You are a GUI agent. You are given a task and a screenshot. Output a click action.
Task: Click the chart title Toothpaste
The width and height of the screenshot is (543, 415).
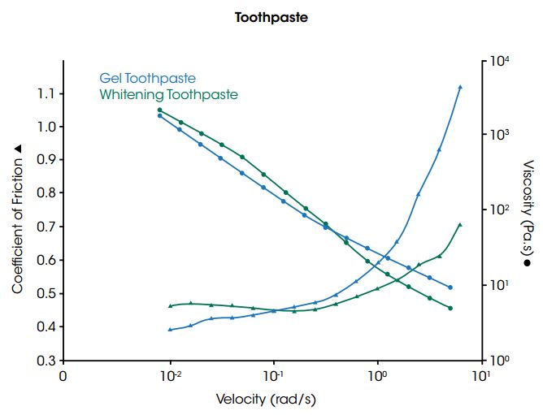[272, 17]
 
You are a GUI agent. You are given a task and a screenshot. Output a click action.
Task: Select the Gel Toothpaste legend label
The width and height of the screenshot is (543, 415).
[147, 79]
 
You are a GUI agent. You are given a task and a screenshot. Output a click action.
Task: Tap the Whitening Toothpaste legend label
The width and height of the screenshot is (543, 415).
[168, 95]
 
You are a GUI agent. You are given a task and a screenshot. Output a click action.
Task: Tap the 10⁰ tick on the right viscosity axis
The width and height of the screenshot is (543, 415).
[498, 358]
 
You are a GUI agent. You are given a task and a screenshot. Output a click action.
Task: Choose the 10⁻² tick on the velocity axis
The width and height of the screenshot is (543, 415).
[170, 376]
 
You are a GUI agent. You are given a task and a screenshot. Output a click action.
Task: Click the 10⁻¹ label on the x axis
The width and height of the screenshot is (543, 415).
[274, 376]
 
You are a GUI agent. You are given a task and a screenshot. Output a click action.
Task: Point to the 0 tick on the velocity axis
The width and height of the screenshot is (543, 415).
[63, 377]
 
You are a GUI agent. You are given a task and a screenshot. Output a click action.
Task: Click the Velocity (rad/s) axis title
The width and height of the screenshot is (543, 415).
[271, 400]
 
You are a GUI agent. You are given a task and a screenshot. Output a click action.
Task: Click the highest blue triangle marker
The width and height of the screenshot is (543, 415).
[460, 87]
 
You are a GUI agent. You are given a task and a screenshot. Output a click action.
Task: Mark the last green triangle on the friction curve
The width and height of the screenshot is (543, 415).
[460, 225]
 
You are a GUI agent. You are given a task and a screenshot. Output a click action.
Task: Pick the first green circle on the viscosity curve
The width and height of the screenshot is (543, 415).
[160, 110]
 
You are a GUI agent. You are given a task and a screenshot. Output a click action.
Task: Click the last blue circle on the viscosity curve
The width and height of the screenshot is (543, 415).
[450, 287]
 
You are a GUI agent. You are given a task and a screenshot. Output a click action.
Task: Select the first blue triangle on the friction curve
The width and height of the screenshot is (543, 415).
[170, 329]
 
